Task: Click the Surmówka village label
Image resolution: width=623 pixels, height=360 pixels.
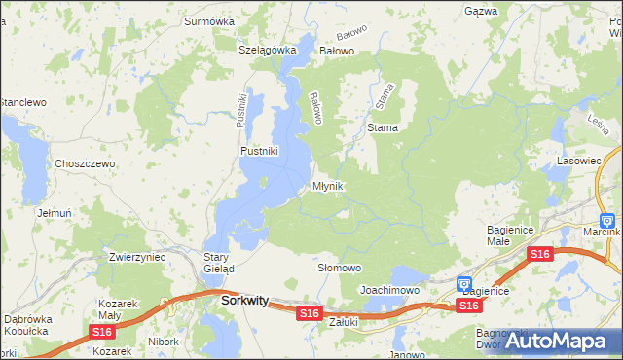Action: point(211,18)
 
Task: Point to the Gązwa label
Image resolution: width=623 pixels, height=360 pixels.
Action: point(481,11)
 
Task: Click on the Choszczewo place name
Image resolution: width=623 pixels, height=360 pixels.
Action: point(85,163)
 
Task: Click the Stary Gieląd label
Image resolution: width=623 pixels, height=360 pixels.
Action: point(218,263)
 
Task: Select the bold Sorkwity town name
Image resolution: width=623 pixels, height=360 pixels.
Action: point(244,302)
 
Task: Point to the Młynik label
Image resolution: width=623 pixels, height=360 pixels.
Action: point(328,186)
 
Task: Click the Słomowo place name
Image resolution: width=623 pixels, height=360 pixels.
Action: point(340,268)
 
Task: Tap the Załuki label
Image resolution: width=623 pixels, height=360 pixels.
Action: point(344,321)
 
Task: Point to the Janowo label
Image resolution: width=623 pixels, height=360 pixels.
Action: point(409,354)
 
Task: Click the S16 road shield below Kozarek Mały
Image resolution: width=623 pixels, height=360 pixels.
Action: point(101,332)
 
